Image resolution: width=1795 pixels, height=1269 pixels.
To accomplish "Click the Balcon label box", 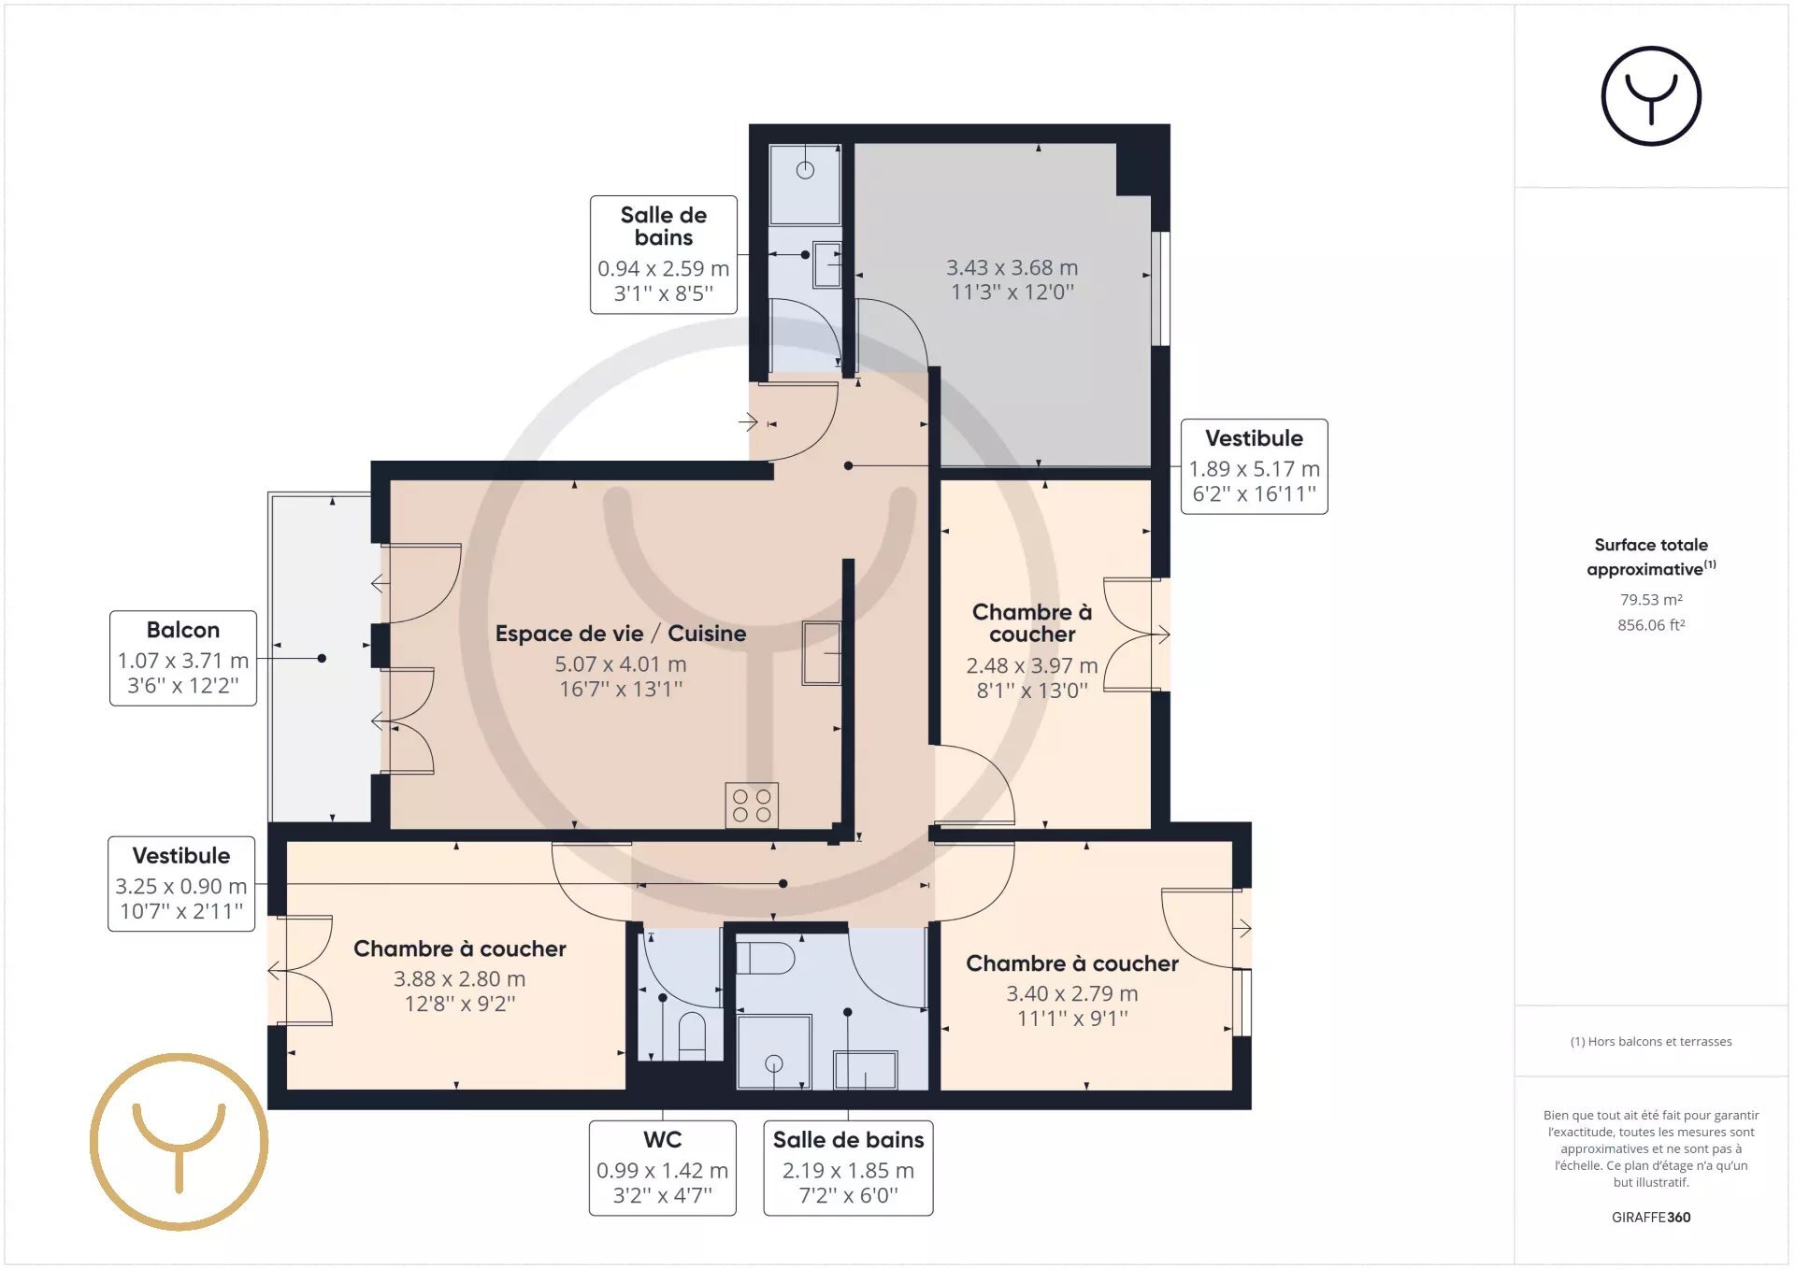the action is (x=183, y=658).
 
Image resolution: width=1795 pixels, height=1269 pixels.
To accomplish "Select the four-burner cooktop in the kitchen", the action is (x=752, y=805).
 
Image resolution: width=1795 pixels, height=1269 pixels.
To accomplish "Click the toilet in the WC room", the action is (x=692, y=1034).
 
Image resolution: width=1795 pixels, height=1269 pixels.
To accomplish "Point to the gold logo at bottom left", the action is (x=179, y=1142).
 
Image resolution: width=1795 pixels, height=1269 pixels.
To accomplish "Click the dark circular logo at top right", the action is (x=1651, y=96).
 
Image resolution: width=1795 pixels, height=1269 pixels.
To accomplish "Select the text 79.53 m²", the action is (x=1651, y=600).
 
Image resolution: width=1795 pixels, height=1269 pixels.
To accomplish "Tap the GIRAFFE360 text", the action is (x=1651, y=1217).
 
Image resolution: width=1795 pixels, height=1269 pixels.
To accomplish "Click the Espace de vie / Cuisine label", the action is (x=621, y=634).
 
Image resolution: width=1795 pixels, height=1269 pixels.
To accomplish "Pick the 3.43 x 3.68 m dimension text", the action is (x=1012, y=268).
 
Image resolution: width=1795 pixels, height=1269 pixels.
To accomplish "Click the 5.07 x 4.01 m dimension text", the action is (x=621, y=664).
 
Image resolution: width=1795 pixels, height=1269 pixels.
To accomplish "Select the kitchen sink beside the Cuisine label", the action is (x=821, y=653).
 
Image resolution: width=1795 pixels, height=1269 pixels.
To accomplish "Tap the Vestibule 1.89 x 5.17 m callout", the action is (x=1254, y=466).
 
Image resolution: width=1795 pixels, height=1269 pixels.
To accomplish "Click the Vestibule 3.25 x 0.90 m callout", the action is (x=181, y=884).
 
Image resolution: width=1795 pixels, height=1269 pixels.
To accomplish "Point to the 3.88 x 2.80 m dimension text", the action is (x=460, y=979).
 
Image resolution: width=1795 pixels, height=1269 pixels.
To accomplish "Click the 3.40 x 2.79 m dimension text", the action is (x=1072, y=994).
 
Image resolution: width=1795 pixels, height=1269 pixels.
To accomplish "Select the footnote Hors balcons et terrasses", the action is (x=1651, y=1042).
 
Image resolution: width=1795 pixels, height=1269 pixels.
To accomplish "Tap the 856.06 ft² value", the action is (x=1651, y=625).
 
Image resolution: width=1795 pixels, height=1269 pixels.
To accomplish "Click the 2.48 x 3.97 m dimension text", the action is (x=1032, y=666).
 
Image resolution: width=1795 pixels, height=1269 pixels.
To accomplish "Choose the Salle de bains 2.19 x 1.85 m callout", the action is (x=848, y=1168).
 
